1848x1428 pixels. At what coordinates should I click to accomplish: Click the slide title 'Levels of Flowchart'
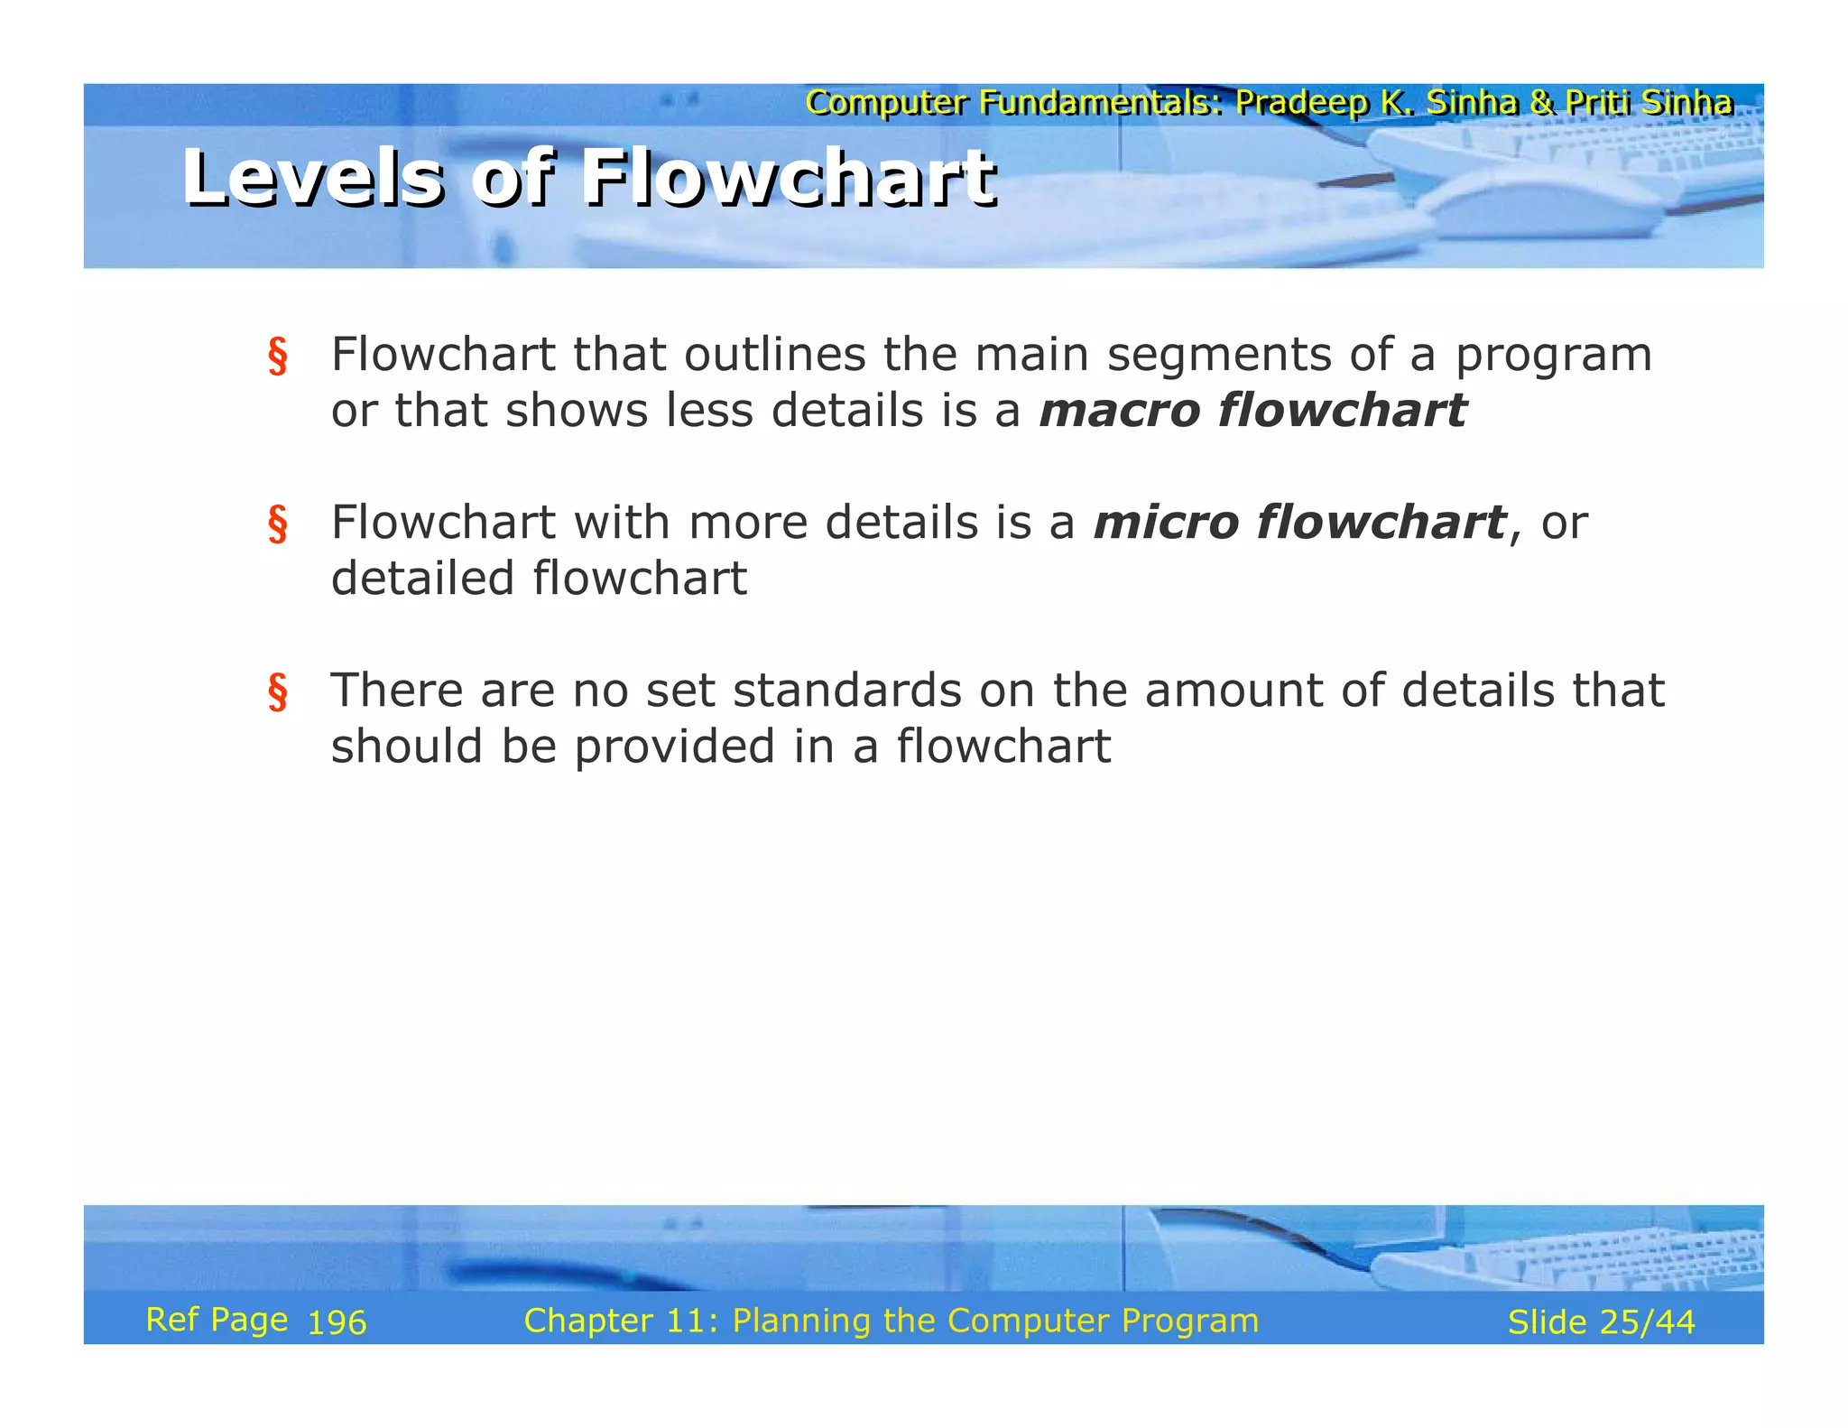click(589, 178)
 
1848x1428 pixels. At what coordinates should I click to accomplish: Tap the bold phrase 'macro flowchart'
click(1252, 411)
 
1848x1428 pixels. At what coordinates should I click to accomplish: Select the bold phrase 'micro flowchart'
click(1298, 523)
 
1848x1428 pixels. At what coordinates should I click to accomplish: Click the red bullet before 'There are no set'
click(278, 692)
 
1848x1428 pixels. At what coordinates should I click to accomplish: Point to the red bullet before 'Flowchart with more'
click(278, 524)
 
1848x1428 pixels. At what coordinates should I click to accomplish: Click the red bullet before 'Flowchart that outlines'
click(278, 357)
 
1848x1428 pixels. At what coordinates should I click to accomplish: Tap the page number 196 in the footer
click(337, 1323)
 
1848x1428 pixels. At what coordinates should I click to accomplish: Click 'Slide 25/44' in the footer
click(1601, 1322)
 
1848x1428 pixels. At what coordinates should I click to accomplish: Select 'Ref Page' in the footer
click(217, 1320)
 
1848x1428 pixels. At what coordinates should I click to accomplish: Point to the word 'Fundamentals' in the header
click(1095, 103)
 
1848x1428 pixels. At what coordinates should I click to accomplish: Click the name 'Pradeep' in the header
click(1301, 103)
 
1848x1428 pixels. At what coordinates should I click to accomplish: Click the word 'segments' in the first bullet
click(1218, 355)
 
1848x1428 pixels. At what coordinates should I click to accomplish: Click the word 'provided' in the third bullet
click(674, 747)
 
